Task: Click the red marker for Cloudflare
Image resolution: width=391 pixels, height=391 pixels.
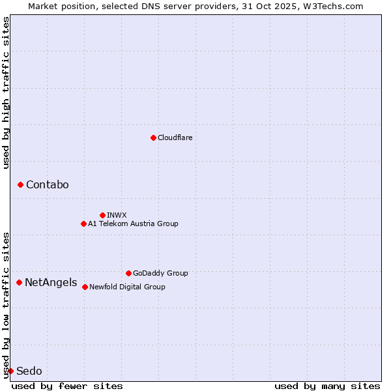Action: [x=153, y=138]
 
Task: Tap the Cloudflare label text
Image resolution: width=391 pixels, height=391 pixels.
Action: [x=175, y=138]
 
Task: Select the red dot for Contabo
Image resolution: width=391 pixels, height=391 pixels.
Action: [x=20, y=185]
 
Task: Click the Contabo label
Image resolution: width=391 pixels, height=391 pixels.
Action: [x=47, y=185]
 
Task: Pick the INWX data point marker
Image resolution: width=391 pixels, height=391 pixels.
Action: [x=102, y=215]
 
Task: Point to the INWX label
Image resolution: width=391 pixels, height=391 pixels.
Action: [x=117, y=215]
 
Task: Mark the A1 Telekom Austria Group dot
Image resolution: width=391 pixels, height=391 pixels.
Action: [x=83, y=224]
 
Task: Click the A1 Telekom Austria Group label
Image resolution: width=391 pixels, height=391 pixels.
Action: [x=133, y=224]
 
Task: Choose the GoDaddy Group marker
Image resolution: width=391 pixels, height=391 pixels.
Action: [x=128, y=273]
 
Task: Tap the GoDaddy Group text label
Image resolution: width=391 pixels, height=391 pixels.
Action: [x=160, y=273]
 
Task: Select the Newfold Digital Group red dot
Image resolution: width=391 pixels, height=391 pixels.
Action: [x=85, y=287]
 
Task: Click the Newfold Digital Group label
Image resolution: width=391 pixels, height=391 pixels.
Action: [x=127, y=287]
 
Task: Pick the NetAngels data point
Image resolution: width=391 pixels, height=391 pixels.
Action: [x=19, y=282]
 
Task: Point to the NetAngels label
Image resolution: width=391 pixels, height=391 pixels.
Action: [x=51, y=283]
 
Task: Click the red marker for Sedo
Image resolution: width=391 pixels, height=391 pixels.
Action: [x=10, y=371]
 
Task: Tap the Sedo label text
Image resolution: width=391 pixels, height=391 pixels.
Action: [x=29, y=371]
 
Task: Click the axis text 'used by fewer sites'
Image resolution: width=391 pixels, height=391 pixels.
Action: [x=67, y=386]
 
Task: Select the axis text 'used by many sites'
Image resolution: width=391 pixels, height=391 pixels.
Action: [x=327, y=386]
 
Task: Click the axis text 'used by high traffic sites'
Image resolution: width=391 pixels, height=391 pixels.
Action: [x=7, y=93]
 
